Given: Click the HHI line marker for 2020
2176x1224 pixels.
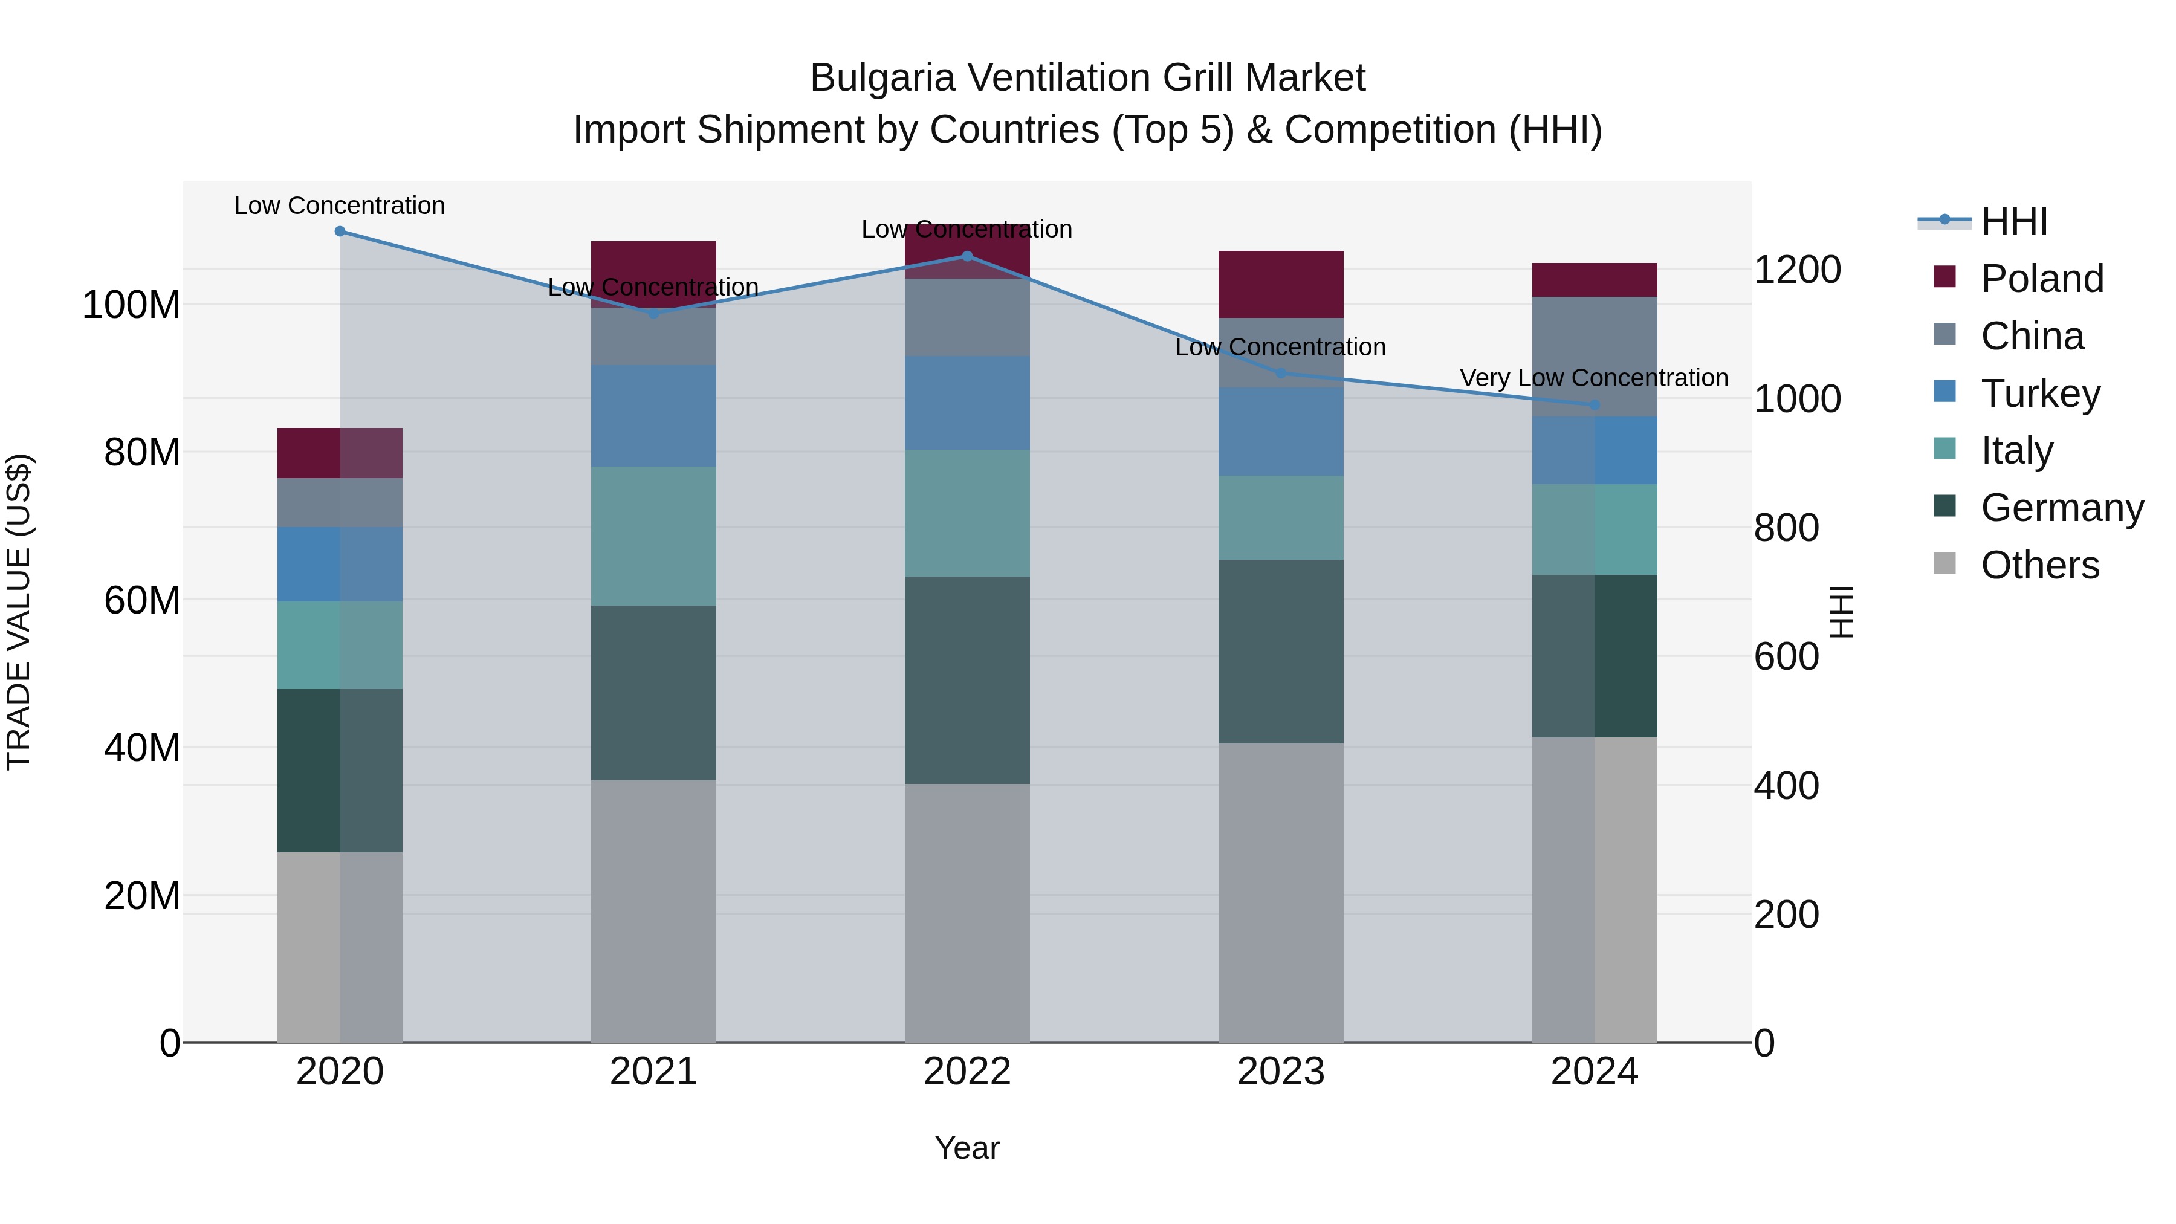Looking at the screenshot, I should [340, 232].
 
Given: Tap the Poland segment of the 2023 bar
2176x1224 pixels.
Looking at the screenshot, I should [1281, 285].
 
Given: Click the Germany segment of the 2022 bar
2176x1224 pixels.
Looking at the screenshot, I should [967, 680].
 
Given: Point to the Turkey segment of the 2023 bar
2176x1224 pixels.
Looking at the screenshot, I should [1281, 432].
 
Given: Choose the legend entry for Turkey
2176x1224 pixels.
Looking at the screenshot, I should [2039, 393].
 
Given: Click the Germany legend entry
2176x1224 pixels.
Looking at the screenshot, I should [2061, 508].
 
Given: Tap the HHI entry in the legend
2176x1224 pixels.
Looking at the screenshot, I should [2014, 221].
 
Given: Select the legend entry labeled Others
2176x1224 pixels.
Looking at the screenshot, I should [2039, 565].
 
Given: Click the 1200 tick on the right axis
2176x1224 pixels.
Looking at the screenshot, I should [1797, 270].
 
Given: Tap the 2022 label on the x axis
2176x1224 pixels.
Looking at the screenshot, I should [967, 1072].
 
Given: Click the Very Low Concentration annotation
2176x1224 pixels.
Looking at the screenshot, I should [1593, 378].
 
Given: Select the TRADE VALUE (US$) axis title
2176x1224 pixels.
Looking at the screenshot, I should [19, 612].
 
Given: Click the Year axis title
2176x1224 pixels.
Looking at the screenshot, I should [967, 1148].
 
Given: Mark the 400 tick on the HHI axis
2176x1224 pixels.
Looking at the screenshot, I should [1786, 786].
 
